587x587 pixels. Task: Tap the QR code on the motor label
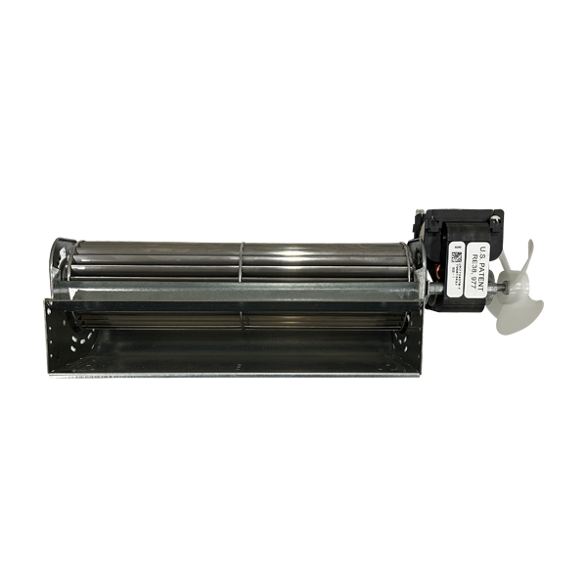tap(456, 257)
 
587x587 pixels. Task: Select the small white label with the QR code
tap(458, 270)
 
